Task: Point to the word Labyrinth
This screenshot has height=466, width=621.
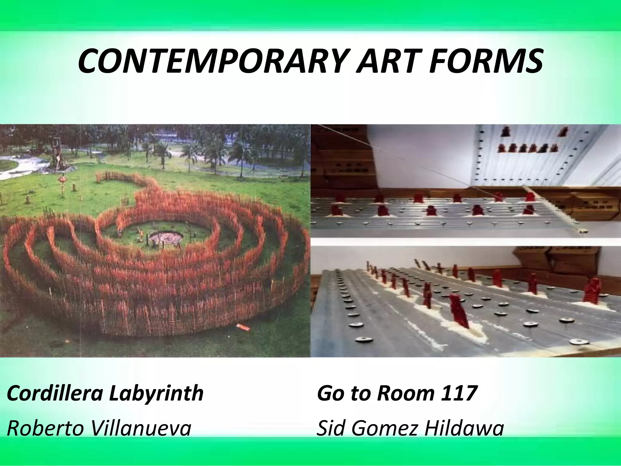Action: (x=156, y=393)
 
